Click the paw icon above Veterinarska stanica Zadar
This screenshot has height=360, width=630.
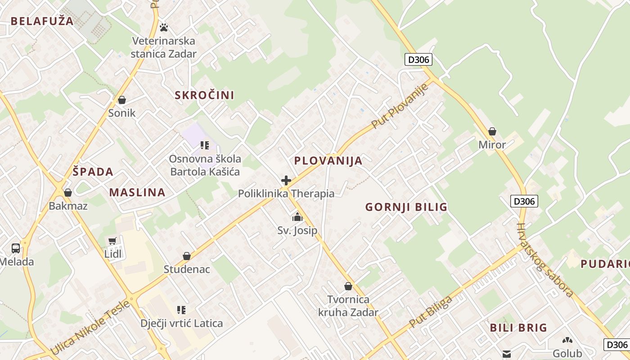pyautogui.click(x=164, y=27)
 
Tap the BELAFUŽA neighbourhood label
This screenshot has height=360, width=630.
pyautogui.click(x=42, y=21)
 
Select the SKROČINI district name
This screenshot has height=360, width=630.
pyautogui.click(x=204, y=95)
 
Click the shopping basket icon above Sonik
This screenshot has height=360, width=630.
pyautogui.click(x=121, y=100)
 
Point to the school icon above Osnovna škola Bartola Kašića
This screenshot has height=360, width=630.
pyautogui.click(x=205, y=145)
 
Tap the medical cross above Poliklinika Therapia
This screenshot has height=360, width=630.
pyautogui.click(x=286, y=181)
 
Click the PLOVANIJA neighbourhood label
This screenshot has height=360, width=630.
pyautogui.click(x=328, y=161)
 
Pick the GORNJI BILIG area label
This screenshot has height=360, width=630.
pyautogui.click(x=406, y=207)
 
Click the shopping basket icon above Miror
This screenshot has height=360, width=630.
pyautogui.click(x=492, y=132)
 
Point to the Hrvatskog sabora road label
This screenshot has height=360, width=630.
pyautogui.click(x=544, y=260)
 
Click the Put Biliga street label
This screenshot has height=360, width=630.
pyautogui.click(x=431, y=312)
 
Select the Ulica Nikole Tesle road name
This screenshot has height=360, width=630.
pyautogui.click(x=90, y=327)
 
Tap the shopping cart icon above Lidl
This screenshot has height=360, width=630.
pyautogui.click(x=112, y=241)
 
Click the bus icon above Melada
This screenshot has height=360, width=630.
pyautogui.click(x=16, y=248)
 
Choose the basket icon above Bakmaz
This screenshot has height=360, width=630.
pyautogui.click(x=68, y=193)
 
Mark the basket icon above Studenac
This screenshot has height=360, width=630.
pyautogui.click(x=187, y=256)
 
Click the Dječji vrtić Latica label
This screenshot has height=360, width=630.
pyautogui.click(x=181, y=323)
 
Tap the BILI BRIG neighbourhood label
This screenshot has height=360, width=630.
pyautogui.click(x=518, y=328)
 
